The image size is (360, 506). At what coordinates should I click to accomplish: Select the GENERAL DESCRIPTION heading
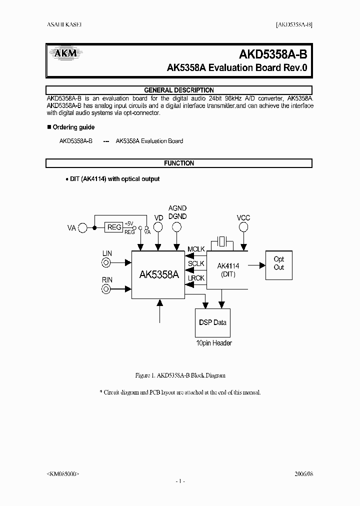(179, 90)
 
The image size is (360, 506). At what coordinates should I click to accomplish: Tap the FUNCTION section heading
(179, 163)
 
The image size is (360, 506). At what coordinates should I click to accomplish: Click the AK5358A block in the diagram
(159, 275)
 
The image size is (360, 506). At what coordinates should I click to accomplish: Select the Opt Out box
(278, 263)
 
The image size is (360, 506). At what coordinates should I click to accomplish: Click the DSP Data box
(213, 322)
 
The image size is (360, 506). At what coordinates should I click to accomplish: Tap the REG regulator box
(114, 227)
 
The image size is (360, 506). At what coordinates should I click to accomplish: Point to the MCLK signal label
(196, 249)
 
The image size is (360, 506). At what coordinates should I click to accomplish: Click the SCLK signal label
(196, 263)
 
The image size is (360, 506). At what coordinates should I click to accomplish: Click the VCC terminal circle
(243, 227)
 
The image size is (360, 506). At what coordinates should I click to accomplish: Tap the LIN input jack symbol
(107, 263)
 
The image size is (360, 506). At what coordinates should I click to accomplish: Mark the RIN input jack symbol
(107, 289)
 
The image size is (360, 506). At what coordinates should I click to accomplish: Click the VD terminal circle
(158, 227)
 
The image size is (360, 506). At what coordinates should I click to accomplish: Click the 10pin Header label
(213, 343)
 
